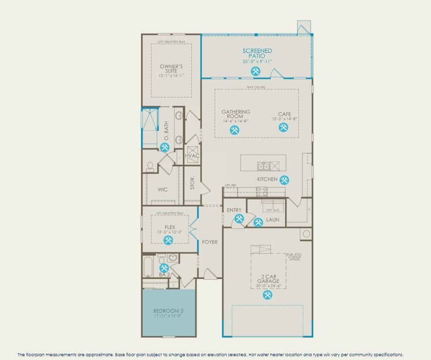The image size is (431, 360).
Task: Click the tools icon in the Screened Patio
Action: [256, 71]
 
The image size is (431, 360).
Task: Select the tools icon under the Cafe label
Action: [284, 127]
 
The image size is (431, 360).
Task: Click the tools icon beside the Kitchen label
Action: [285, 180]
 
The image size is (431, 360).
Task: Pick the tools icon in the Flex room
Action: [168, 240]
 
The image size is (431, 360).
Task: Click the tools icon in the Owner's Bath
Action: [165, 147]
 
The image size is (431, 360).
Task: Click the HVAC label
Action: [192, 156]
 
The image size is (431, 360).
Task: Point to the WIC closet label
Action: [163, 190]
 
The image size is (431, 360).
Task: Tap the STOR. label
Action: [192, 184]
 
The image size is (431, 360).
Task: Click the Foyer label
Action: [210, 242]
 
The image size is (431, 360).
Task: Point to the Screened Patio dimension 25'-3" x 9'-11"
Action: [257, 61]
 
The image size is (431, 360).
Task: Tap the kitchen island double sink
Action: [262, 166]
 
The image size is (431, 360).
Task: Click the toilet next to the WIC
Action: [150, 166]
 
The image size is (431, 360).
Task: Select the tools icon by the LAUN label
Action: [258, 222]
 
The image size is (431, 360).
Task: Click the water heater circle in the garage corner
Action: [306, 234]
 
